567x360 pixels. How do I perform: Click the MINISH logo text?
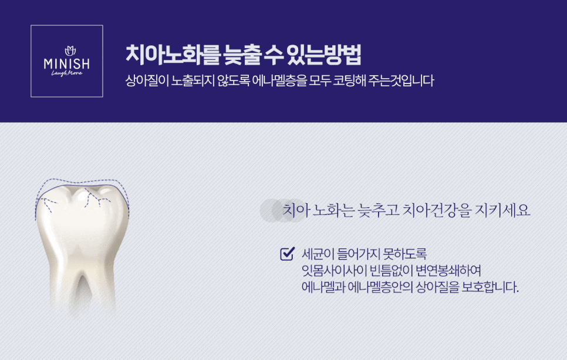66,64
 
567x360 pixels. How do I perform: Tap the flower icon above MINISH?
70,51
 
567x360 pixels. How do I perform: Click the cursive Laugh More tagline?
67,73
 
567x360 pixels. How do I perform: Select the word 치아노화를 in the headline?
173,55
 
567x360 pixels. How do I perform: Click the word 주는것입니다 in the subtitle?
401,80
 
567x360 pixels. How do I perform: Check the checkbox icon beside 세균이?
288,254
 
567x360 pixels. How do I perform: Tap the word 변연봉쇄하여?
448,271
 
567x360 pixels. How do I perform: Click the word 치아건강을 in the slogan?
437,210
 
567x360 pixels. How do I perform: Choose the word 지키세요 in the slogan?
502,210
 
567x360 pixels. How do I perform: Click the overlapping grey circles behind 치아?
283,210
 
